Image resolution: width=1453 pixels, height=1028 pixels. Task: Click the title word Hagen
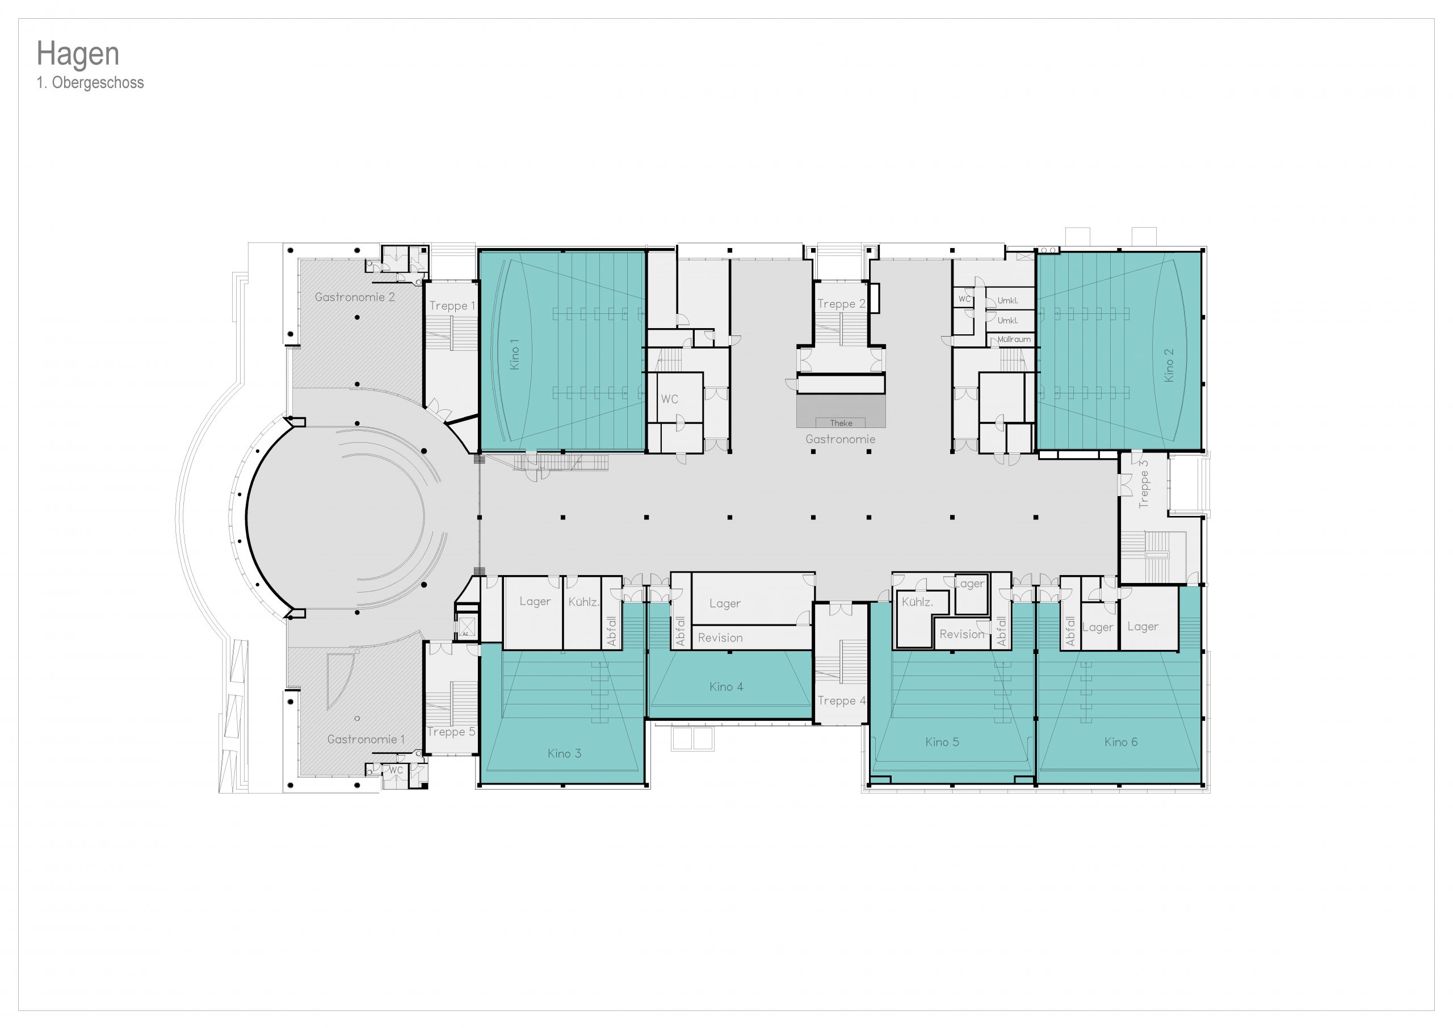tap(78, 54)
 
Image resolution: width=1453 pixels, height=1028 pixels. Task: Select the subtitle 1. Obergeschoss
tap(90, 83)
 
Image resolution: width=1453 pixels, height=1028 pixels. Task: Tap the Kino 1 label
tap(514, 354)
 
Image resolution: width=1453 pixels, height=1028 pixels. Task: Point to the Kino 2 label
tap(1169, 365)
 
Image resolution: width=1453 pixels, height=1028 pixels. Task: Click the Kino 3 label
tap(565, 753)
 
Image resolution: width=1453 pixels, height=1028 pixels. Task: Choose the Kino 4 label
tap(726, 687)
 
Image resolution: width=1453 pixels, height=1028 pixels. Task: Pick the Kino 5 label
tap(942, 742)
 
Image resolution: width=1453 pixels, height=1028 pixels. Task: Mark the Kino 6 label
tap(1122, 742)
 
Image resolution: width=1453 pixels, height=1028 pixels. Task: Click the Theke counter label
tap(841, 423)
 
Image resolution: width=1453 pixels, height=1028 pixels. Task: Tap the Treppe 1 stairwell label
tap(452, 306)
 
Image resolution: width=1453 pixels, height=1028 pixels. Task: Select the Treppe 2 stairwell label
tap(841, 304)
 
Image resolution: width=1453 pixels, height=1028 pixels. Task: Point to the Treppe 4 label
tap(842, 700)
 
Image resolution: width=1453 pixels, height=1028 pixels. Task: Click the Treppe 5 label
tap(451, 732)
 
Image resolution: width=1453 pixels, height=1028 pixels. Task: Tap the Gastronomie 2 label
tap(355, 297)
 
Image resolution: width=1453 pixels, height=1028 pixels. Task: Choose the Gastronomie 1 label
tap(366, 739)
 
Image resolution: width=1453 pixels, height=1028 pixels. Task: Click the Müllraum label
tap(1014, 339)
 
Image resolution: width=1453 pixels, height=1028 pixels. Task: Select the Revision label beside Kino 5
tap(962, 634)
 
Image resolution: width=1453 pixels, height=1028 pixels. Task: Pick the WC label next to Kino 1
tap(670, 400)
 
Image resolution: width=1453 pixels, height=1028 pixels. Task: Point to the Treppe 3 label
tap(1144, 484)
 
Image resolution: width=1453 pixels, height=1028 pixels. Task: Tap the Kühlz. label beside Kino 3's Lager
tap(583, 602)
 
